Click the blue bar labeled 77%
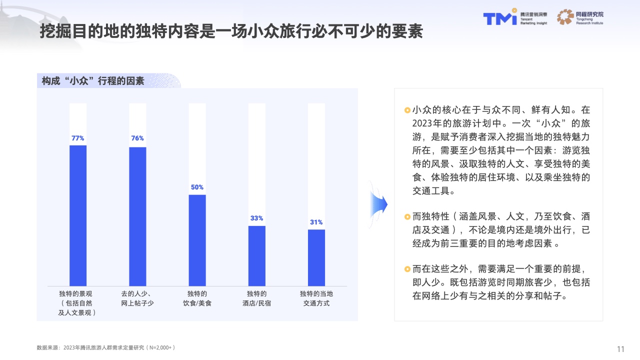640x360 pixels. click(78, 215)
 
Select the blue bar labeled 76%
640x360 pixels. click(137, 216)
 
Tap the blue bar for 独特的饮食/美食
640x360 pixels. click(197, 240)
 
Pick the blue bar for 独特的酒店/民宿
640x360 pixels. click(257, 255)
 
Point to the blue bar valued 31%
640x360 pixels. click(316, 257)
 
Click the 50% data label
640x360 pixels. click(197, 187)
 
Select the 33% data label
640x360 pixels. click(257, 218)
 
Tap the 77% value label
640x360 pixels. click(78, 138)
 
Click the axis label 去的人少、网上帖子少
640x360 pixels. click(137, 298)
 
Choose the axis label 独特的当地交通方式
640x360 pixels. click(316, 298)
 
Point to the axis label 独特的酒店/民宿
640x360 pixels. click(257, 298)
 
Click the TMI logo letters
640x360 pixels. click(499, 18)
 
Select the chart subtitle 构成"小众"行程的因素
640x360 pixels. click(93, 80)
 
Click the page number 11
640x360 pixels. click(621, 348)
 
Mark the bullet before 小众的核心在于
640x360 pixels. click(407, 110)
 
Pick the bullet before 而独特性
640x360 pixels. click(407, 217)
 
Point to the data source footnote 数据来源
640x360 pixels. click(105, 347)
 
